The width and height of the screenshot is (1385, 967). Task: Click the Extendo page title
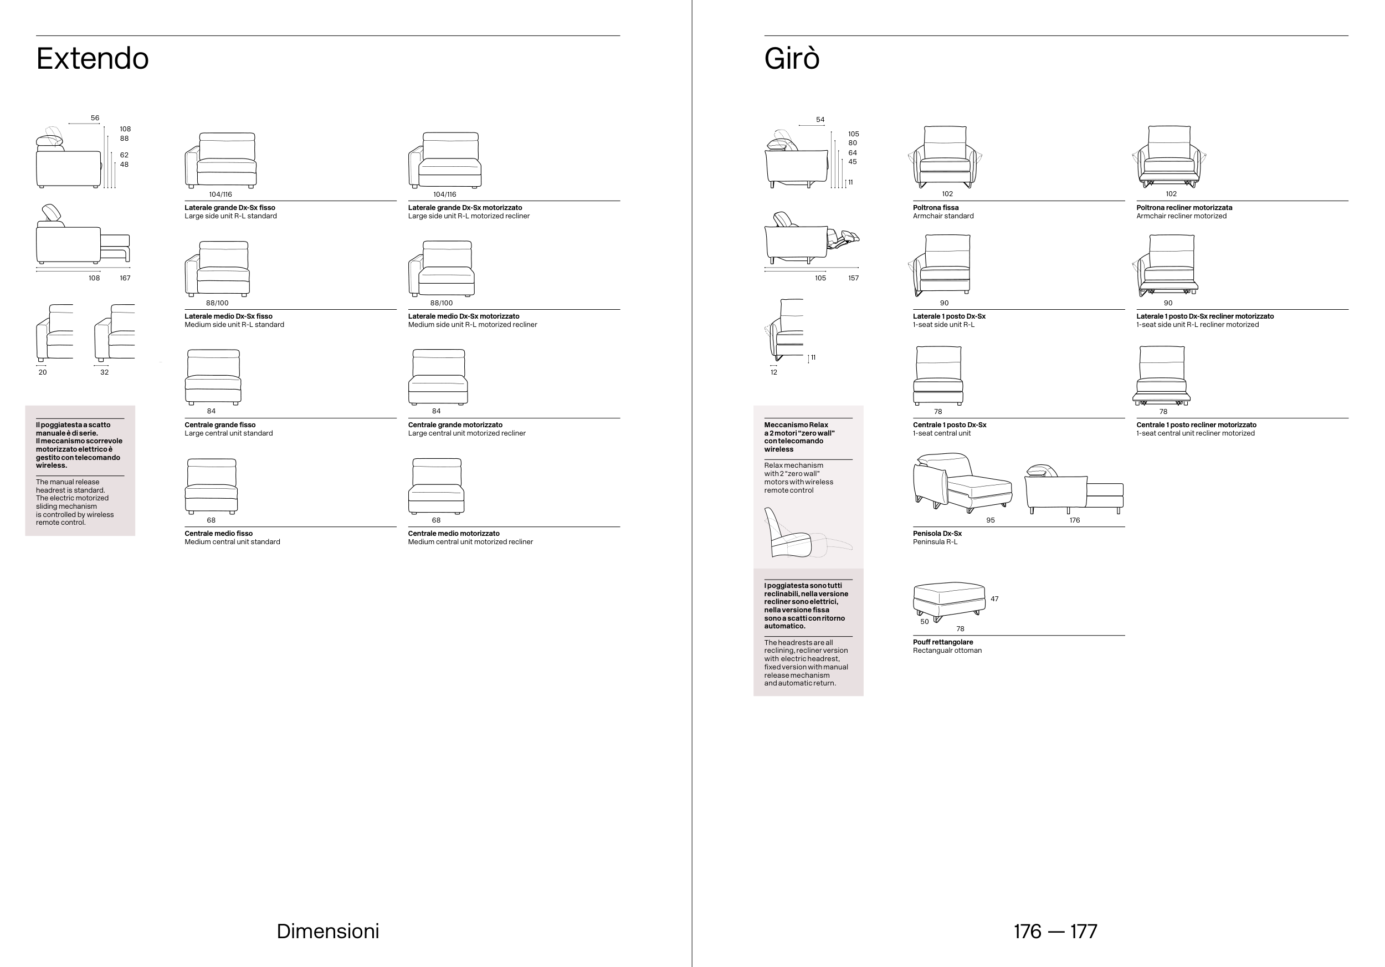[x=93, y=59]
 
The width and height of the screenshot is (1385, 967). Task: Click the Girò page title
[x=792, y=59]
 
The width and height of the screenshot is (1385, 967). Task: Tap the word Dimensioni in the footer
[x=327, y=931]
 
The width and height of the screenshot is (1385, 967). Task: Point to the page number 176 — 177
[x=1055, y=931]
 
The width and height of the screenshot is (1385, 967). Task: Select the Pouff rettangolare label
[x=942, y=642]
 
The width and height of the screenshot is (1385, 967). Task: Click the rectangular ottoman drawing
[x=949, y=601]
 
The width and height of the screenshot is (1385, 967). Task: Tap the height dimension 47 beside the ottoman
[x=994, y=599]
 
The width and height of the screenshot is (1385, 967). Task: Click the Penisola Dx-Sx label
[x=937, y=533]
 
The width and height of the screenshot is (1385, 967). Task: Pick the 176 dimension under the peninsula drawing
[x=1074, y=520]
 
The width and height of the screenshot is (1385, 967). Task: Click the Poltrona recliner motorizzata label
[x=1183, y=207]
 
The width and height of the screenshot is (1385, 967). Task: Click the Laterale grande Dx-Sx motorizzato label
[x=464, y=207]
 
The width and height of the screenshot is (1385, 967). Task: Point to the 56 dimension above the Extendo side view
[x=95, y=118]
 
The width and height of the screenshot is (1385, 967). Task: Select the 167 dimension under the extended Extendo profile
[x=125, y=278]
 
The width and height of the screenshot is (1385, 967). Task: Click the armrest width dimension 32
[x=104, y=372]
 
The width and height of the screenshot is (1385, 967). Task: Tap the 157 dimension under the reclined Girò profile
[x=853, y=278]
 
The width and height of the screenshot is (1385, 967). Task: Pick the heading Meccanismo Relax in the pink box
[x=796, y=424]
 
